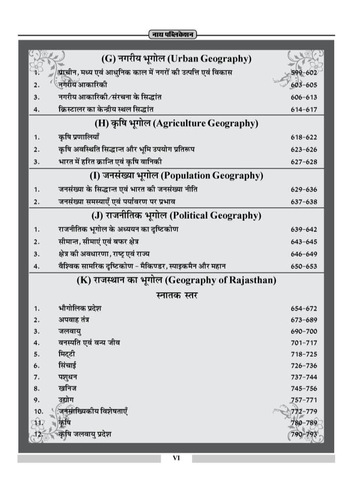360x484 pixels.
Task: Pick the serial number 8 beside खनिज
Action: coord(36,389)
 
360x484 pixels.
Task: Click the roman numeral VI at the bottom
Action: coord(176,458)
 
